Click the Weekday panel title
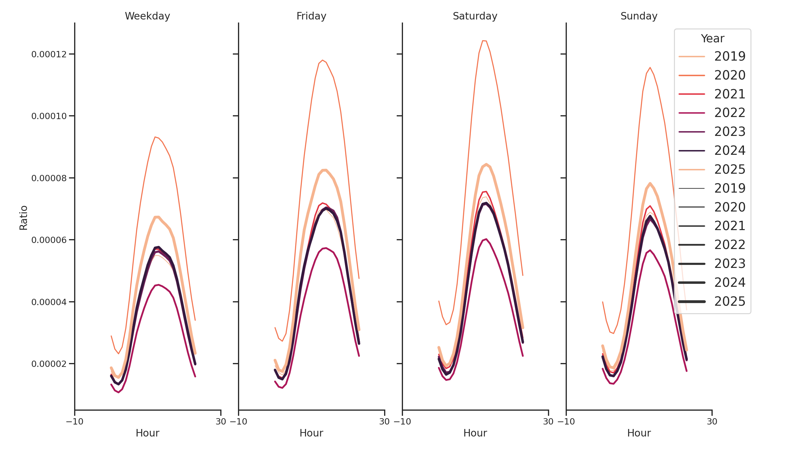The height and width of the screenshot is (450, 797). (147, 16)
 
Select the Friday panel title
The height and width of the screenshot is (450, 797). (311, 16)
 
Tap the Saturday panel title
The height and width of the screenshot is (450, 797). (475, 16)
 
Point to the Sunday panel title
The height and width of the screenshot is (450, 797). (639, 16)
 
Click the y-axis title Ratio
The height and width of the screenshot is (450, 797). (23, 218)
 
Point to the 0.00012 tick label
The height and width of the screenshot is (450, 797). (49, 54)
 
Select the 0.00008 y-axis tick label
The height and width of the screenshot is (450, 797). (49, 178)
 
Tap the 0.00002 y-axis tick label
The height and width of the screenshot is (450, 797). (49, 364)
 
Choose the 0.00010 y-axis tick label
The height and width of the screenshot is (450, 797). (49, 116)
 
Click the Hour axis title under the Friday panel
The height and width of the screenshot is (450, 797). (311, 433)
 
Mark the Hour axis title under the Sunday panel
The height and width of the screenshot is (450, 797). (639, 433)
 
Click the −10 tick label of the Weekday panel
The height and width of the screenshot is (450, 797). (74, 421)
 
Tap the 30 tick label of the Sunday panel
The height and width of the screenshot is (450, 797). (712, 421)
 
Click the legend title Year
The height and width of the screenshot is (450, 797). (712, 39)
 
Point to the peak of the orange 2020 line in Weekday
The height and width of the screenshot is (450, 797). (155, 137)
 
